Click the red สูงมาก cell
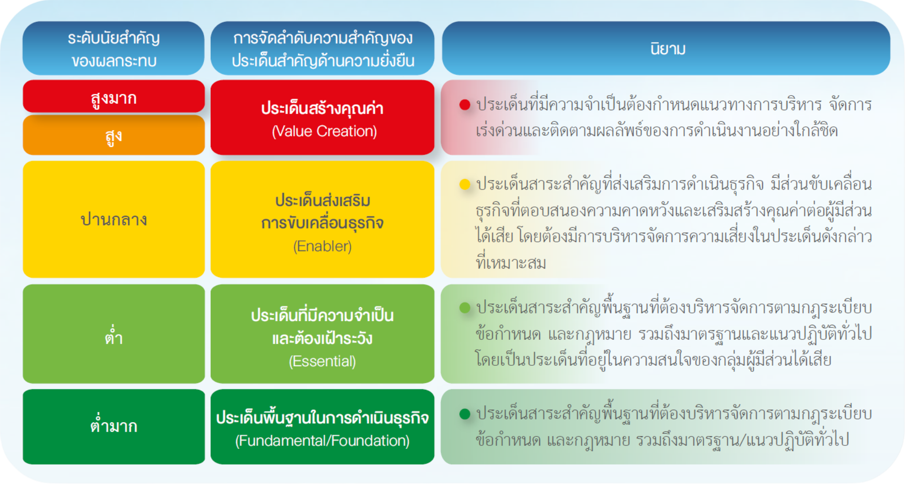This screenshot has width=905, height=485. pos(114,97)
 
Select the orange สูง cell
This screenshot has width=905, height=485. pos(114,135)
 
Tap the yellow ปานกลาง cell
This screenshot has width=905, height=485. pos(114,219)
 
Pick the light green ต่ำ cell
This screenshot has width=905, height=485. pos(114,334)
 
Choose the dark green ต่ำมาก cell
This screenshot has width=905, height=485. pos(114,427)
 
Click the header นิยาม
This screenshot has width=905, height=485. pos(666,48)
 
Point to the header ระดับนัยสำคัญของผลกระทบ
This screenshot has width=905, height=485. pos(114,48)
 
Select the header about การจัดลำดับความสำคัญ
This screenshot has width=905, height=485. pos(322,48)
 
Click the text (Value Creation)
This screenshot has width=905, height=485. pos(324,131)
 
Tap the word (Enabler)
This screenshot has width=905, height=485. pos(322,246)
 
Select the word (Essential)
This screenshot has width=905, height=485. pos(322,361)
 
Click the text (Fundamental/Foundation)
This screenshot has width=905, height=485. pos(322,441)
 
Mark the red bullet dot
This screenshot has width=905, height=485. pos(465,105)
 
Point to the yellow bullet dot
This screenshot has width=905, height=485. pos(465,184)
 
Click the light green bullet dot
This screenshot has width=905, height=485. pos(465,308)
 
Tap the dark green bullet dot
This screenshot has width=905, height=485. pos(465,414)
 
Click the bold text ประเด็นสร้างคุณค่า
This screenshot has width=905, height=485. pos(322,108)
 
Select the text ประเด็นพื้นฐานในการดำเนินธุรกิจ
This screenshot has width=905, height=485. pos(322,417)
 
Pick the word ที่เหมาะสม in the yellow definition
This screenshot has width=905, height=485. pos(511,262)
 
